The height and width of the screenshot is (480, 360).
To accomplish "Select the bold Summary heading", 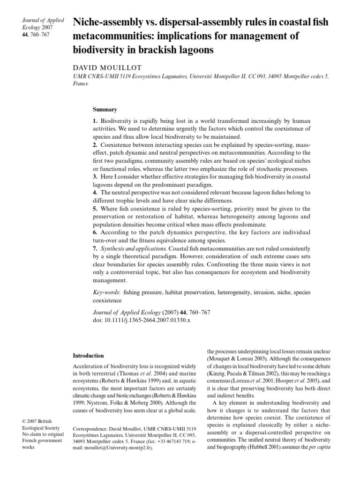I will click(x=105, y=110).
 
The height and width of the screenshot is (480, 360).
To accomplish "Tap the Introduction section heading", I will click(x=89, y=356).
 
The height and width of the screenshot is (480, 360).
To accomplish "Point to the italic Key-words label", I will click(x=106, y=292).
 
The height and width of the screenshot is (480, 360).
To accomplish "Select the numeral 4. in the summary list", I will click(x=95, y=193).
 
